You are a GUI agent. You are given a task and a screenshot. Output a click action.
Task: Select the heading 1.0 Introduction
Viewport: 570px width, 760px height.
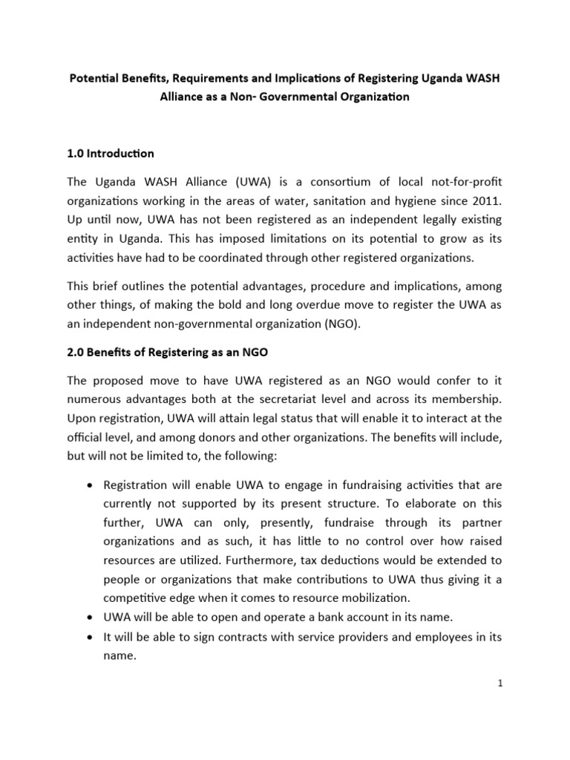pos(111,154)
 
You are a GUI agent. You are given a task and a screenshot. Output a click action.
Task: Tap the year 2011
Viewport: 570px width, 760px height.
pos(485,200)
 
